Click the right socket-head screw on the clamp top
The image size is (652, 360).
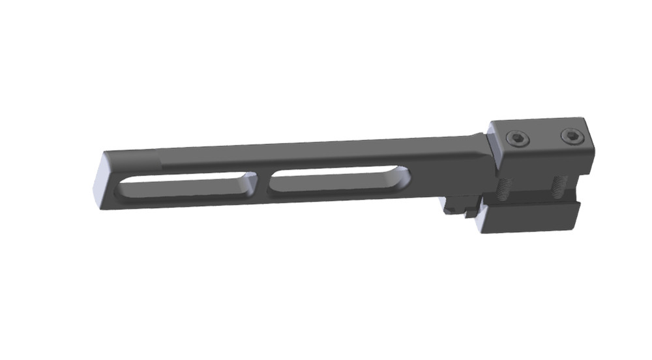[572, 136]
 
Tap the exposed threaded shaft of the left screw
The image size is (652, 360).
[505, 190]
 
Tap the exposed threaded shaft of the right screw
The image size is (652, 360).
[558, 187]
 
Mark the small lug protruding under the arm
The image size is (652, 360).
[456, 208]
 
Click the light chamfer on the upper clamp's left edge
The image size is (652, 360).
[495, 147]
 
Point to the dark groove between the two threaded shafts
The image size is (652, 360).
[531, 190]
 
